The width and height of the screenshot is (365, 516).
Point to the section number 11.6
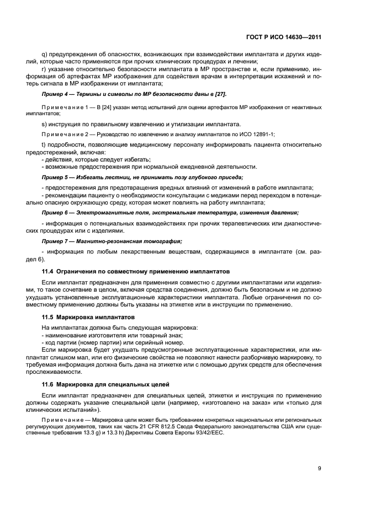[48, 383]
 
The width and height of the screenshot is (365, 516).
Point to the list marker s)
[45, 124]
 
